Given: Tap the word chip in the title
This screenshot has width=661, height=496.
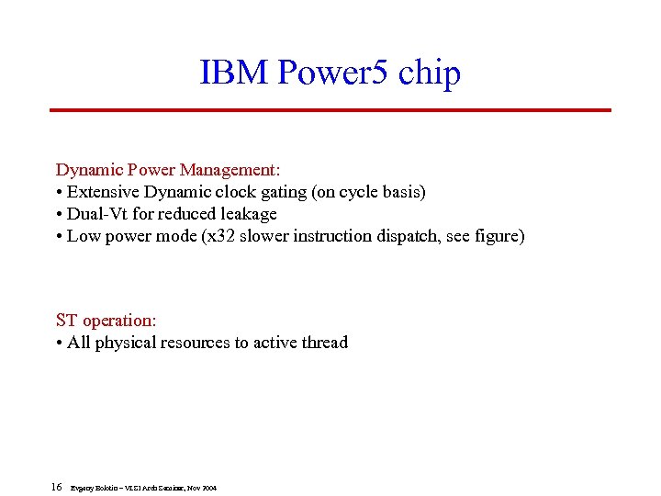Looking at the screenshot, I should click(x=430, y=74).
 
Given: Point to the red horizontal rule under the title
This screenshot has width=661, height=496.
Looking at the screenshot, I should click(x=330, y=110).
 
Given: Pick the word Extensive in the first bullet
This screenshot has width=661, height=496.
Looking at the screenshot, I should click(x=106, y=192).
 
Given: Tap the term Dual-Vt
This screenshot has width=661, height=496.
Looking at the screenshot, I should click(x=100, y=214).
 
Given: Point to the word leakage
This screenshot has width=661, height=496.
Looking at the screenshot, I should click(x=245, y=214).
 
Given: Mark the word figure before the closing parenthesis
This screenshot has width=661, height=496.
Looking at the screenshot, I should click(x=496, y=236).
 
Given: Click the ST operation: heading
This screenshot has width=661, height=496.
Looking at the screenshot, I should click(x=106, y=321).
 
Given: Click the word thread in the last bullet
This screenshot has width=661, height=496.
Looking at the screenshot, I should click(x=323, y=343).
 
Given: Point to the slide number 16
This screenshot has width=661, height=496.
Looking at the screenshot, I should click(x=56, y=486).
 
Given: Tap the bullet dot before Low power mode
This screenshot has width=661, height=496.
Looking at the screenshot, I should click(x=60, y=237).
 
